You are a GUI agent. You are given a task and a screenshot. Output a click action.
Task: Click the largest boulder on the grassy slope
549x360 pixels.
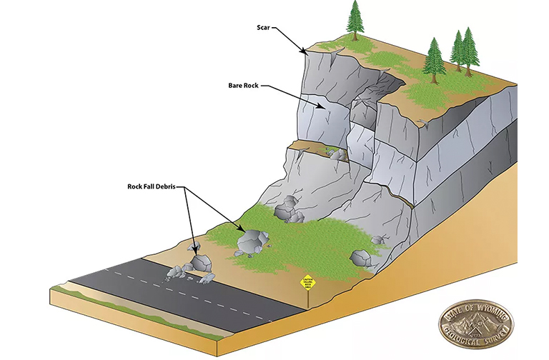coord(251,241)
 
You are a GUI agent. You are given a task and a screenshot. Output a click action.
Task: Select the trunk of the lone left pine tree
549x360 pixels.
coord(355,34)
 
